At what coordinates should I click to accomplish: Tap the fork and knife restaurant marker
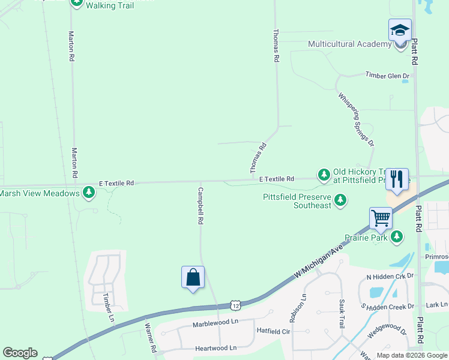point(397,179)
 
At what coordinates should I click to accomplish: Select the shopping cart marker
point(381,218)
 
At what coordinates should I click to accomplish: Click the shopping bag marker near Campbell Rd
point(193,278)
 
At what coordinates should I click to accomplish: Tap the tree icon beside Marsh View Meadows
point(89,193)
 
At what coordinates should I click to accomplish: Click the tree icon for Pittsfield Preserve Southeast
point(340,200)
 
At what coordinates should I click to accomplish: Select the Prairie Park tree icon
point(396,238)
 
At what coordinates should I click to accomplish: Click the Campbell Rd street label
point(200,206)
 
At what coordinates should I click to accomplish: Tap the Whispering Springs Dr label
point(356,119)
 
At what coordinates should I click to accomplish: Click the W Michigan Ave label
point(319,261)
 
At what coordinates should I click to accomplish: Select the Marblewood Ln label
point(215,324)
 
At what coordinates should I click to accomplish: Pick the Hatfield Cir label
point(274,331)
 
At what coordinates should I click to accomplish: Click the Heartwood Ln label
point(215,348)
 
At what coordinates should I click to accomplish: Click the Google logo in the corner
point(20,353)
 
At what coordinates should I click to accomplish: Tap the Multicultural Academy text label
point(349,44)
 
